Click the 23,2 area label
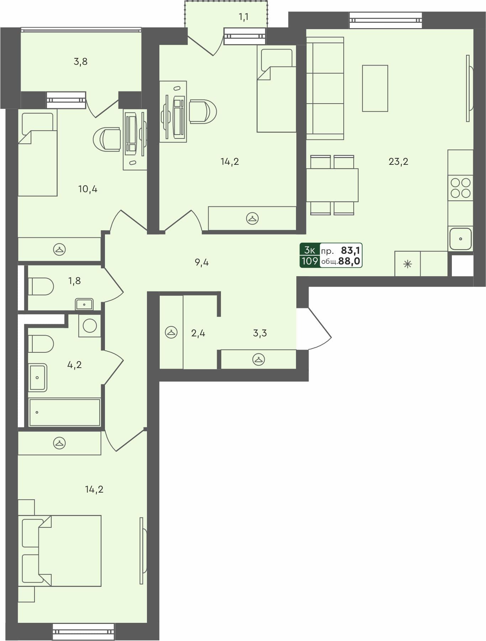point(398,162)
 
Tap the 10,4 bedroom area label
point(88,189)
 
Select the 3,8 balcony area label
point(80,62)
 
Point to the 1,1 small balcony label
point(244,17)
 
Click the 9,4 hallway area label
point(201,263)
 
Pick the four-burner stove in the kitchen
point(460,188)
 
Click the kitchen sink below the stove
point(460,239)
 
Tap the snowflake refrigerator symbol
point(407,264)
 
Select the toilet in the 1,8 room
point(41,287)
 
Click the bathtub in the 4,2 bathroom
point(64,413)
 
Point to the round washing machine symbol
point(90,326)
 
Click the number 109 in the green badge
point(310,261)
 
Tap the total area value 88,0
point(349,261)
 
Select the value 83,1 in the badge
point(350,251)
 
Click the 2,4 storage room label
point(198,333)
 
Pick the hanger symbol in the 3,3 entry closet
point(258,359)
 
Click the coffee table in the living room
point(375,88)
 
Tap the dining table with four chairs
point(332,185)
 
